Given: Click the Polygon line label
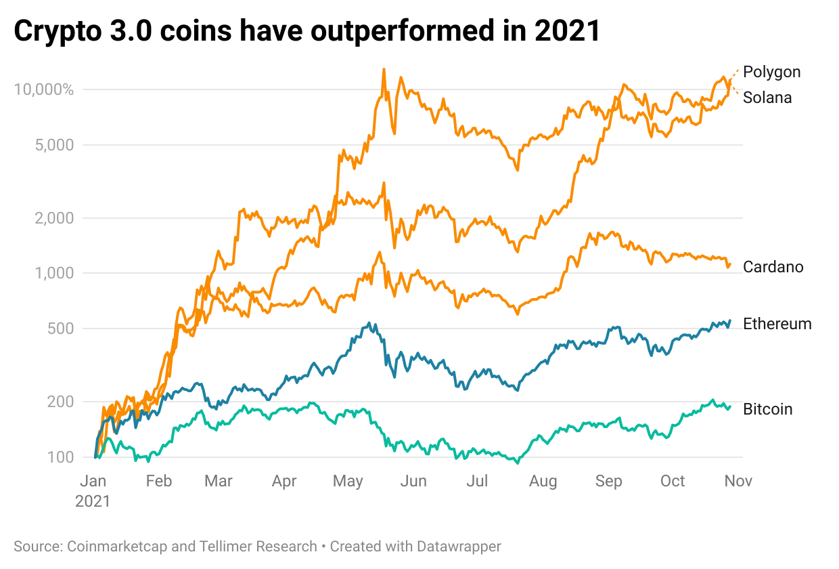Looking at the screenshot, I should click(771, 72).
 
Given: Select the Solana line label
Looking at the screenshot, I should click(767, 98).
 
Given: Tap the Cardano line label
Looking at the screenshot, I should click(773, 267).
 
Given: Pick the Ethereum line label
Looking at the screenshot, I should click(777, 324).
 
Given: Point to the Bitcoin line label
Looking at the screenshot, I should click(767, 409).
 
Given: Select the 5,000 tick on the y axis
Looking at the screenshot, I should click(55, 145).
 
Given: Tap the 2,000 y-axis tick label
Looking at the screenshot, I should click(55, 218).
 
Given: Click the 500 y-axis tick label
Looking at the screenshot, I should click(61, 329).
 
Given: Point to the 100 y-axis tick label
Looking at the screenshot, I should click(61, 457).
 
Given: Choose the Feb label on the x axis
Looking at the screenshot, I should click(159, 481).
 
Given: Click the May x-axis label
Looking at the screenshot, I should click(348, 481).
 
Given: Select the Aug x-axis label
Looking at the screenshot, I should click(543, 481).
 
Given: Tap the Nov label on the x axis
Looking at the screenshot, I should click(738, 481).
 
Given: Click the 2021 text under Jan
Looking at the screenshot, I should click(93, 502).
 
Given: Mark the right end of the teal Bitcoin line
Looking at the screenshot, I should click(730, 406).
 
